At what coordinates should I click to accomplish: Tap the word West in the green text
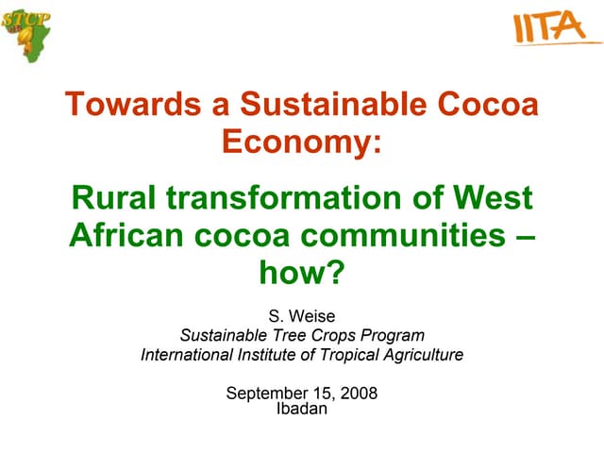(492, 198)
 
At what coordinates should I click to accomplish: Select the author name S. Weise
(302, 316)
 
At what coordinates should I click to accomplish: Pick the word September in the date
(267, 393)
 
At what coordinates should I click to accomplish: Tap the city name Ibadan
(302, 408)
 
